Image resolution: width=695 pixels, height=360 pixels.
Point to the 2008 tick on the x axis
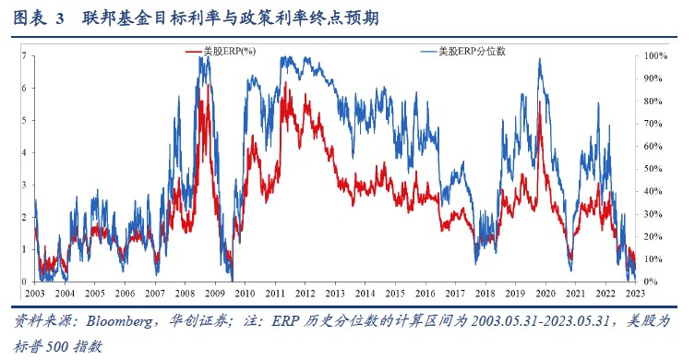185,293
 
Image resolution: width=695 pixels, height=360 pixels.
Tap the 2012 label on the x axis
305,293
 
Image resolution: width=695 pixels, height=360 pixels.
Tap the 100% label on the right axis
654,56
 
